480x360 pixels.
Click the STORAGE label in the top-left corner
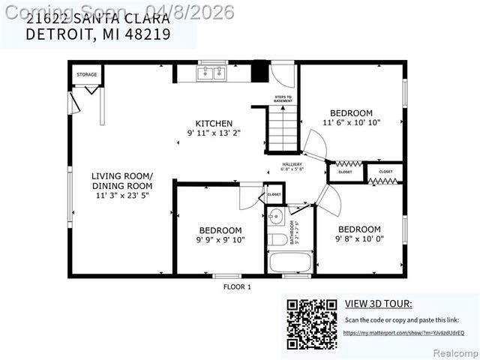click(x=87, y=75)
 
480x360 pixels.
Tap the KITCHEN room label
click(x=214, y=124)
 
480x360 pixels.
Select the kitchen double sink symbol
click(x=211, y=73)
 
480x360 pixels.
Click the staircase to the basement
click(x=284, y=129)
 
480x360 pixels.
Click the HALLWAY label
click(x=292, y=165)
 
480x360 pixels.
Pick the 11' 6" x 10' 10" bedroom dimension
click(x=352, y=122)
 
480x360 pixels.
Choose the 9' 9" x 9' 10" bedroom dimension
click(x=220, y=240)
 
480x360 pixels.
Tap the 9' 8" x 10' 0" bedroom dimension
click(x=359, y=238)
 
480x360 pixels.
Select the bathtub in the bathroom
click(x=290, y=263)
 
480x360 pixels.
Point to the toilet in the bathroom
click(x=276, y=239)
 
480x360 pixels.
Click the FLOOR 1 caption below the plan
click(x=237, y=286)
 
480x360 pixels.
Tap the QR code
click(x=312, y=324)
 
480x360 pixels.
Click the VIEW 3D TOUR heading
click(x=378, y=304)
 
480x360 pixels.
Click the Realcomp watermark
click(x=457, y=352)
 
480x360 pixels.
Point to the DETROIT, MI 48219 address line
click(x=97, y=34)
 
